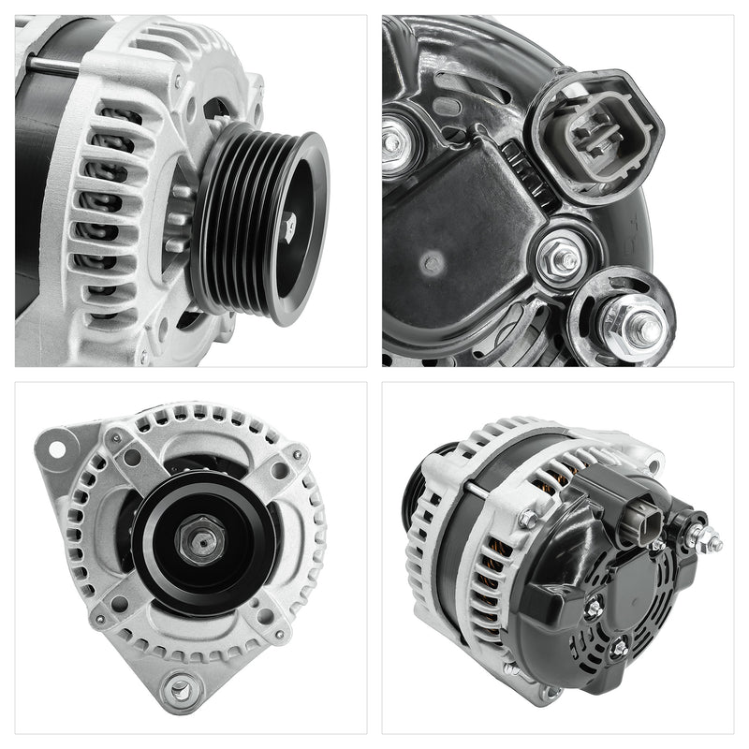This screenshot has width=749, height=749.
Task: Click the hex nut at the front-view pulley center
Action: [x=203, y=540]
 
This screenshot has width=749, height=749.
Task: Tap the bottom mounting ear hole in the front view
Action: [x=177, y=690]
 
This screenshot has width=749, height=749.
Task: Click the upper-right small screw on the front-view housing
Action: [x=297, y=456]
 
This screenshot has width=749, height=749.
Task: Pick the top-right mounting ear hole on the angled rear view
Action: [x=647, y=457]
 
